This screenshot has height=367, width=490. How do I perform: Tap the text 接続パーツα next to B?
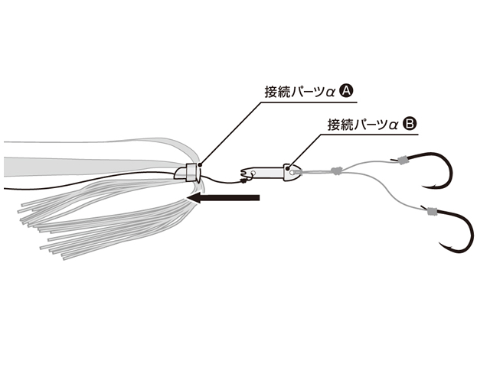tap(361, 122)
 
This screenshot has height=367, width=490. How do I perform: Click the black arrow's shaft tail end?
tap(261, 199)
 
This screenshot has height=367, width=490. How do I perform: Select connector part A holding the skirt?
tap(188, 172)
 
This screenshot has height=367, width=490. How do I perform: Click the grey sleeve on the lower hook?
tap(430, 212)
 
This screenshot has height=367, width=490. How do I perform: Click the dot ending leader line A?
tap(199, 164)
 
